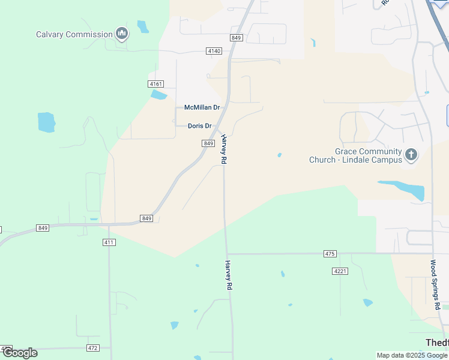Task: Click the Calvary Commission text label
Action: point(74,34)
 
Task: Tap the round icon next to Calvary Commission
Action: point(122,34)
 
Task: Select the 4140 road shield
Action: point(214,51)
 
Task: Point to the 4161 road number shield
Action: point(156,84)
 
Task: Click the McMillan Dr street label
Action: point(202,107)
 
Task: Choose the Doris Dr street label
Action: point(200,126)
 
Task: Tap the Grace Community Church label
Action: point(355,156)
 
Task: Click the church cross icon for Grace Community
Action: point(411,155)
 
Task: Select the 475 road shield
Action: point(330,254)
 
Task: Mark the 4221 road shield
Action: point(340,271)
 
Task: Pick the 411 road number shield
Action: point(109,242)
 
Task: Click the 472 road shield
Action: point(92,348)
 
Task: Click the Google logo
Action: point(20,353)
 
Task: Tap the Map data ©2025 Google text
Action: point(412,355)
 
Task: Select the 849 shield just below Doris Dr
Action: point(208,143)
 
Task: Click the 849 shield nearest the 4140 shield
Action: point(236,38)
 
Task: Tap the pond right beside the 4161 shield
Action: point(158,95)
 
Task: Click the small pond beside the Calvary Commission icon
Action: point(143,27)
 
